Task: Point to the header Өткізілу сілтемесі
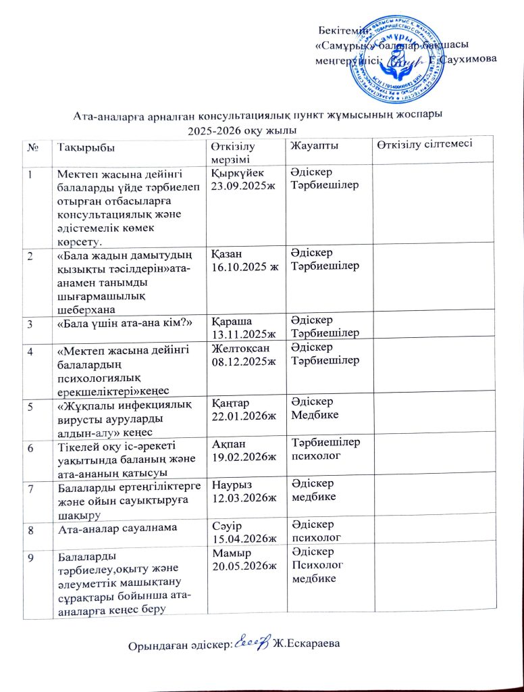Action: click(423, 143)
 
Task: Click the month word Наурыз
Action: click(231, 485)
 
